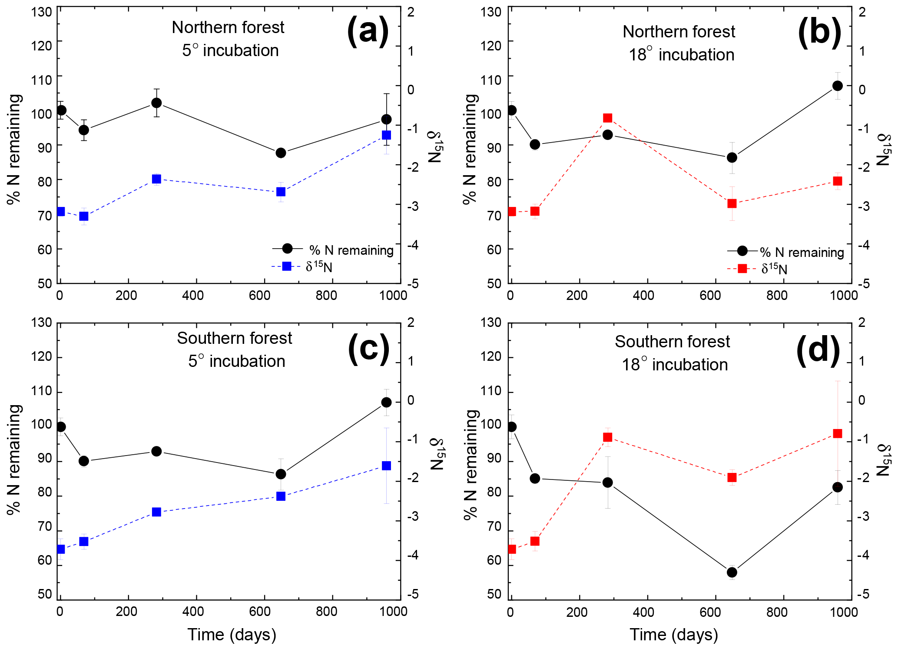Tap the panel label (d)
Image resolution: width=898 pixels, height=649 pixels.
pyautogui.click(x=818, y=350)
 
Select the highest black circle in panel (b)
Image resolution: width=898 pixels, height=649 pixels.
pyautogui.click(x=837, y=86)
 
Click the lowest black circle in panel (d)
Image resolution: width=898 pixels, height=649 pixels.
pyautogui.click(x=732, y=572)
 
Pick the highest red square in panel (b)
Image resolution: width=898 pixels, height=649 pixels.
pyautogui.click(x=608, y=118)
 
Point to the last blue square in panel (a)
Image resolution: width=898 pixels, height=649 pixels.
pyautogui.click(x=386, y=135)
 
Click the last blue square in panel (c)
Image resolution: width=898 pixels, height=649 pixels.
pyautogui.click(x=386, y=466)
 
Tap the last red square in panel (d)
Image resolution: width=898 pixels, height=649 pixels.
pyautogui.click(x=837, y=433)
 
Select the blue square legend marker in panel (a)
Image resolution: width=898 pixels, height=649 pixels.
pyautogui.click(x=287, y=266)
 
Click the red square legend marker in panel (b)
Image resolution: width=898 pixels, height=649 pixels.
pyautogui.click(x=742, y=269)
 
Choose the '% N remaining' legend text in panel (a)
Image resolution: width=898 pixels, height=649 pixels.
pyautogui.click(x=351, y=250)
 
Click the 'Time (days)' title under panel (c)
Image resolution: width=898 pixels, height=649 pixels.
pyautogui.click(x=232, y=635)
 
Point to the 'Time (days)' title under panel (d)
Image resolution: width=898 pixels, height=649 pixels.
pyautogui.click(x=674, y=635)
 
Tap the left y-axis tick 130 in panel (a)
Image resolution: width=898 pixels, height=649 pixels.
pyautogui.click(x=42, y=12)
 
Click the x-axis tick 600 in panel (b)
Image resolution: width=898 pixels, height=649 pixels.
pyautogui.click(x=710, y=296)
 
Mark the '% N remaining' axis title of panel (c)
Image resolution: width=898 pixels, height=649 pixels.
pyautogui.click(x=14, y=459)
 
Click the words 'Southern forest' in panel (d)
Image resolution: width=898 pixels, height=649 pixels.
pyautogui.click(x=672, y=342)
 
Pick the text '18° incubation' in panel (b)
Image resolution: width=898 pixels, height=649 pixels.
pyautogui.click(x=681, y=55)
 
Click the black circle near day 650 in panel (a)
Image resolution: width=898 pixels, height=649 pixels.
pyautogui.click(x=281, y=153)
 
